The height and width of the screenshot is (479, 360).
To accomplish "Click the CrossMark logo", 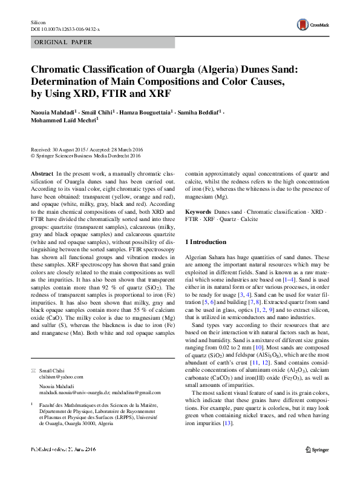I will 311,24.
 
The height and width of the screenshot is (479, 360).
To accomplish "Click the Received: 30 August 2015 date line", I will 57,149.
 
